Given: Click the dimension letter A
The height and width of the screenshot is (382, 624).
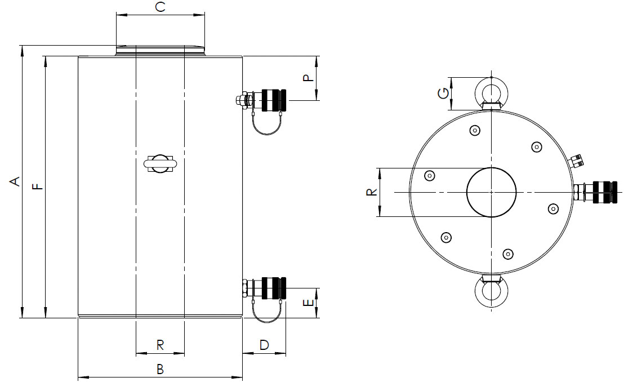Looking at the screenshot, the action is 15,181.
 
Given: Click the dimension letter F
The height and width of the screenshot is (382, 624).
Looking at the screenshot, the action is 37,186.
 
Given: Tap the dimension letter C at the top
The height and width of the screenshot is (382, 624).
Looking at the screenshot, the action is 160,7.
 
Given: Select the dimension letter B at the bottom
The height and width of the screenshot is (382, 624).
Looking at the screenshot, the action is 160,369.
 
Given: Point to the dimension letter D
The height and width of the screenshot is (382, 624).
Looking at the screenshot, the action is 264,345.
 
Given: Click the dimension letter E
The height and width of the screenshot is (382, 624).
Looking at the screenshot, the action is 309,303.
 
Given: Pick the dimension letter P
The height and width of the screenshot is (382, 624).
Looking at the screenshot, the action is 309,78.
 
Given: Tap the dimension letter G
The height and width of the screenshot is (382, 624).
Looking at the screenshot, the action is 443,93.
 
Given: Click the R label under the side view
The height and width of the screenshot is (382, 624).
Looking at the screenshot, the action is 160,345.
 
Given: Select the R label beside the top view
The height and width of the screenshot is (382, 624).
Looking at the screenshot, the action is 371,192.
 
